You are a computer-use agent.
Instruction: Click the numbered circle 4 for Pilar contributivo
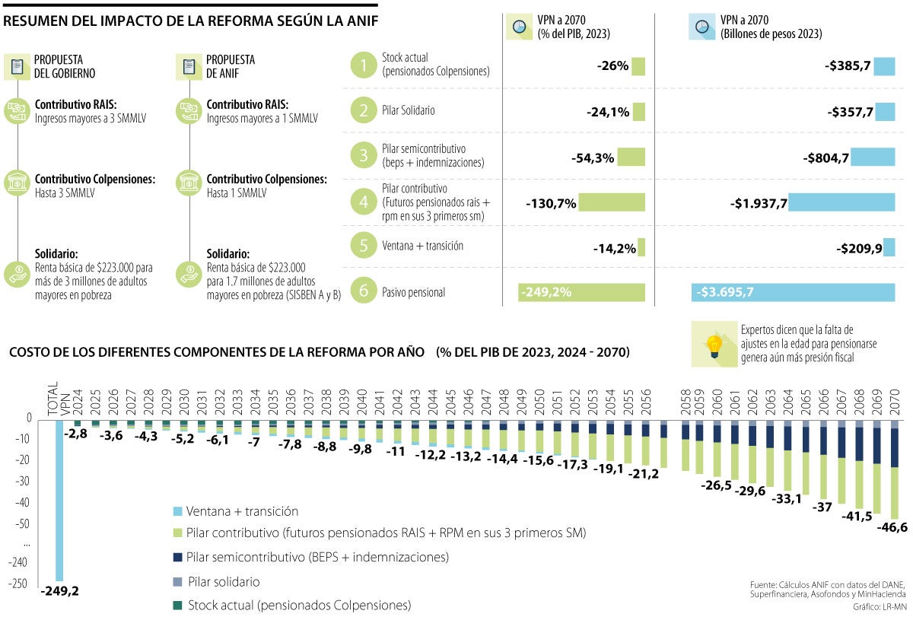364,202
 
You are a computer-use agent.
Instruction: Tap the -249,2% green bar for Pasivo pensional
581,292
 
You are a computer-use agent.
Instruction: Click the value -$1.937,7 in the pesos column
757,203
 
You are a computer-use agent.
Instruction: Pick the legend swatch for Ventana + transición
177,511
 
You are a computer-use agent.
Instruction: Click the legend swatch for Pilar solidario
177,581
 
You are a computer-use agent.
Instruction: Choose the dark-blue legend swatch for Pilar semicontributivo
177,557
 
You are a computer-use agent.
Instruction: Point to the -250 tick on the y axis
18,584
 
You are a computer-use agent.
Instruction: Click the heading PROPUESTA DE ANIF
230,66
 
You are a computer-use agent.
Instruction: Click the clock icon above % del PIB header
520,27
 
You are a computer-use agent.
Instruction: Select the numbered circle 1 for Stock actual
364,66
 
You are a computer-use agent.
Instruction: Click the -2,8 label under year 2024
76,433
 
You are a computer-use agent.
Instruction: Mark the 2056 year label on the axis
645,398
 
